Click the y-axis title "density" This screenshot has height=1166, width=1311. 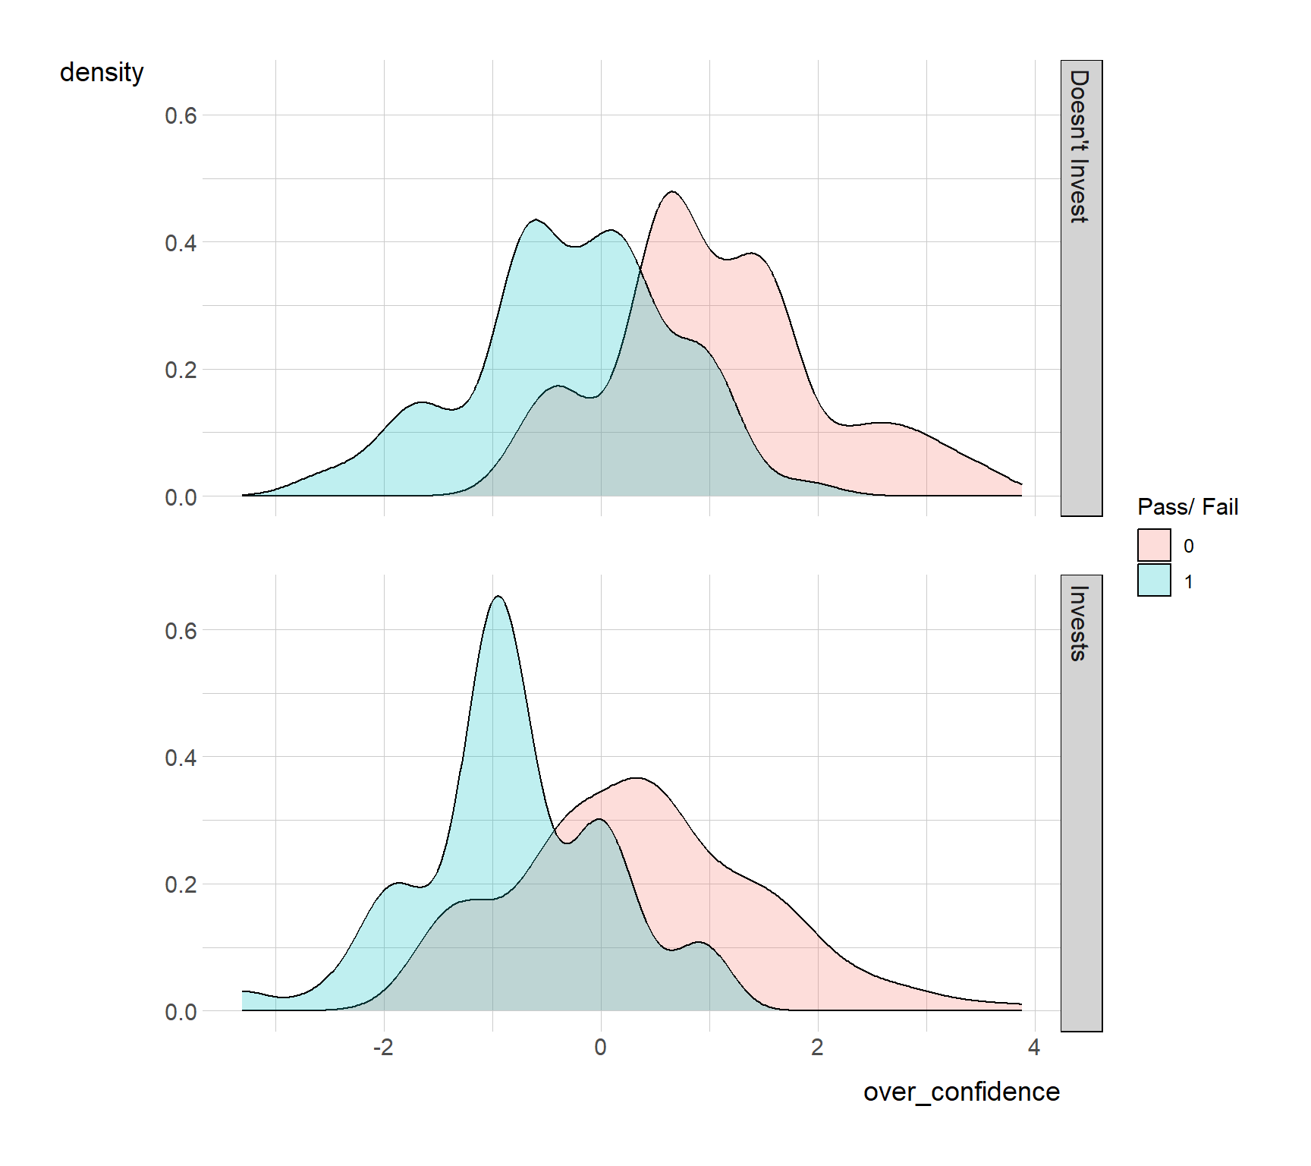(x=102, y=73)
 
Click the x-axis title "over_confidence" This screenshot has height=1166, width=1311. (x=960, y=1092)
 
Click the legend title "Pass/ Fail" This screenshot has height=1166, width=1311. (x=1187, y=506)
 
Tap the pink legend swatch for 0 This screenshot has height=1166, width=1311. (x=1154, y=545)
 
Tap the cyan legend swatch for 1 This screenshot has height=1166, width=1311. (x=1154, y=581)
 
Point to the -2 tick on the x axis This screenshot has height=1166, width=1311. (x=383, y=1048)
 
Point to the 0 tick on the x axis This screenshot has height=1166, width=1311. (x=600, y=1048)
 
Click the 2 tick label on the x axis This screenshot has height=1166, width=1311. (x=817, y=1048)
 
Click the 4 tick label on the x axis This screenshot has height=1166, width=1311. (x=1033, y=1048)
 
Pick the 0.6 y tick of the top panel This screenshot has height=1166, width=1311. (x=181, y=115)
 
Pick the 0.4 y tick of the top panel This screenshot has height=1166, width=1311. (x=181, y=243)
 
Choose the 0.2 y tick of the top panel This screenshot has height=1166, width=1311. (x=181, y=370)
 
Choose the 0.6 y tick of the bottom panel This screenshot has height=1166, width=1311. (x=181, y=631)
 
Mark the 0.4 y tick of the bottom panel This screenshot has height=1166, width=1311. (x=181, y=758)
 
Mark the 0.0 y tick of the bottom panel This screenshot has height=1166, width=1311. (x=181, y=1012)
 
